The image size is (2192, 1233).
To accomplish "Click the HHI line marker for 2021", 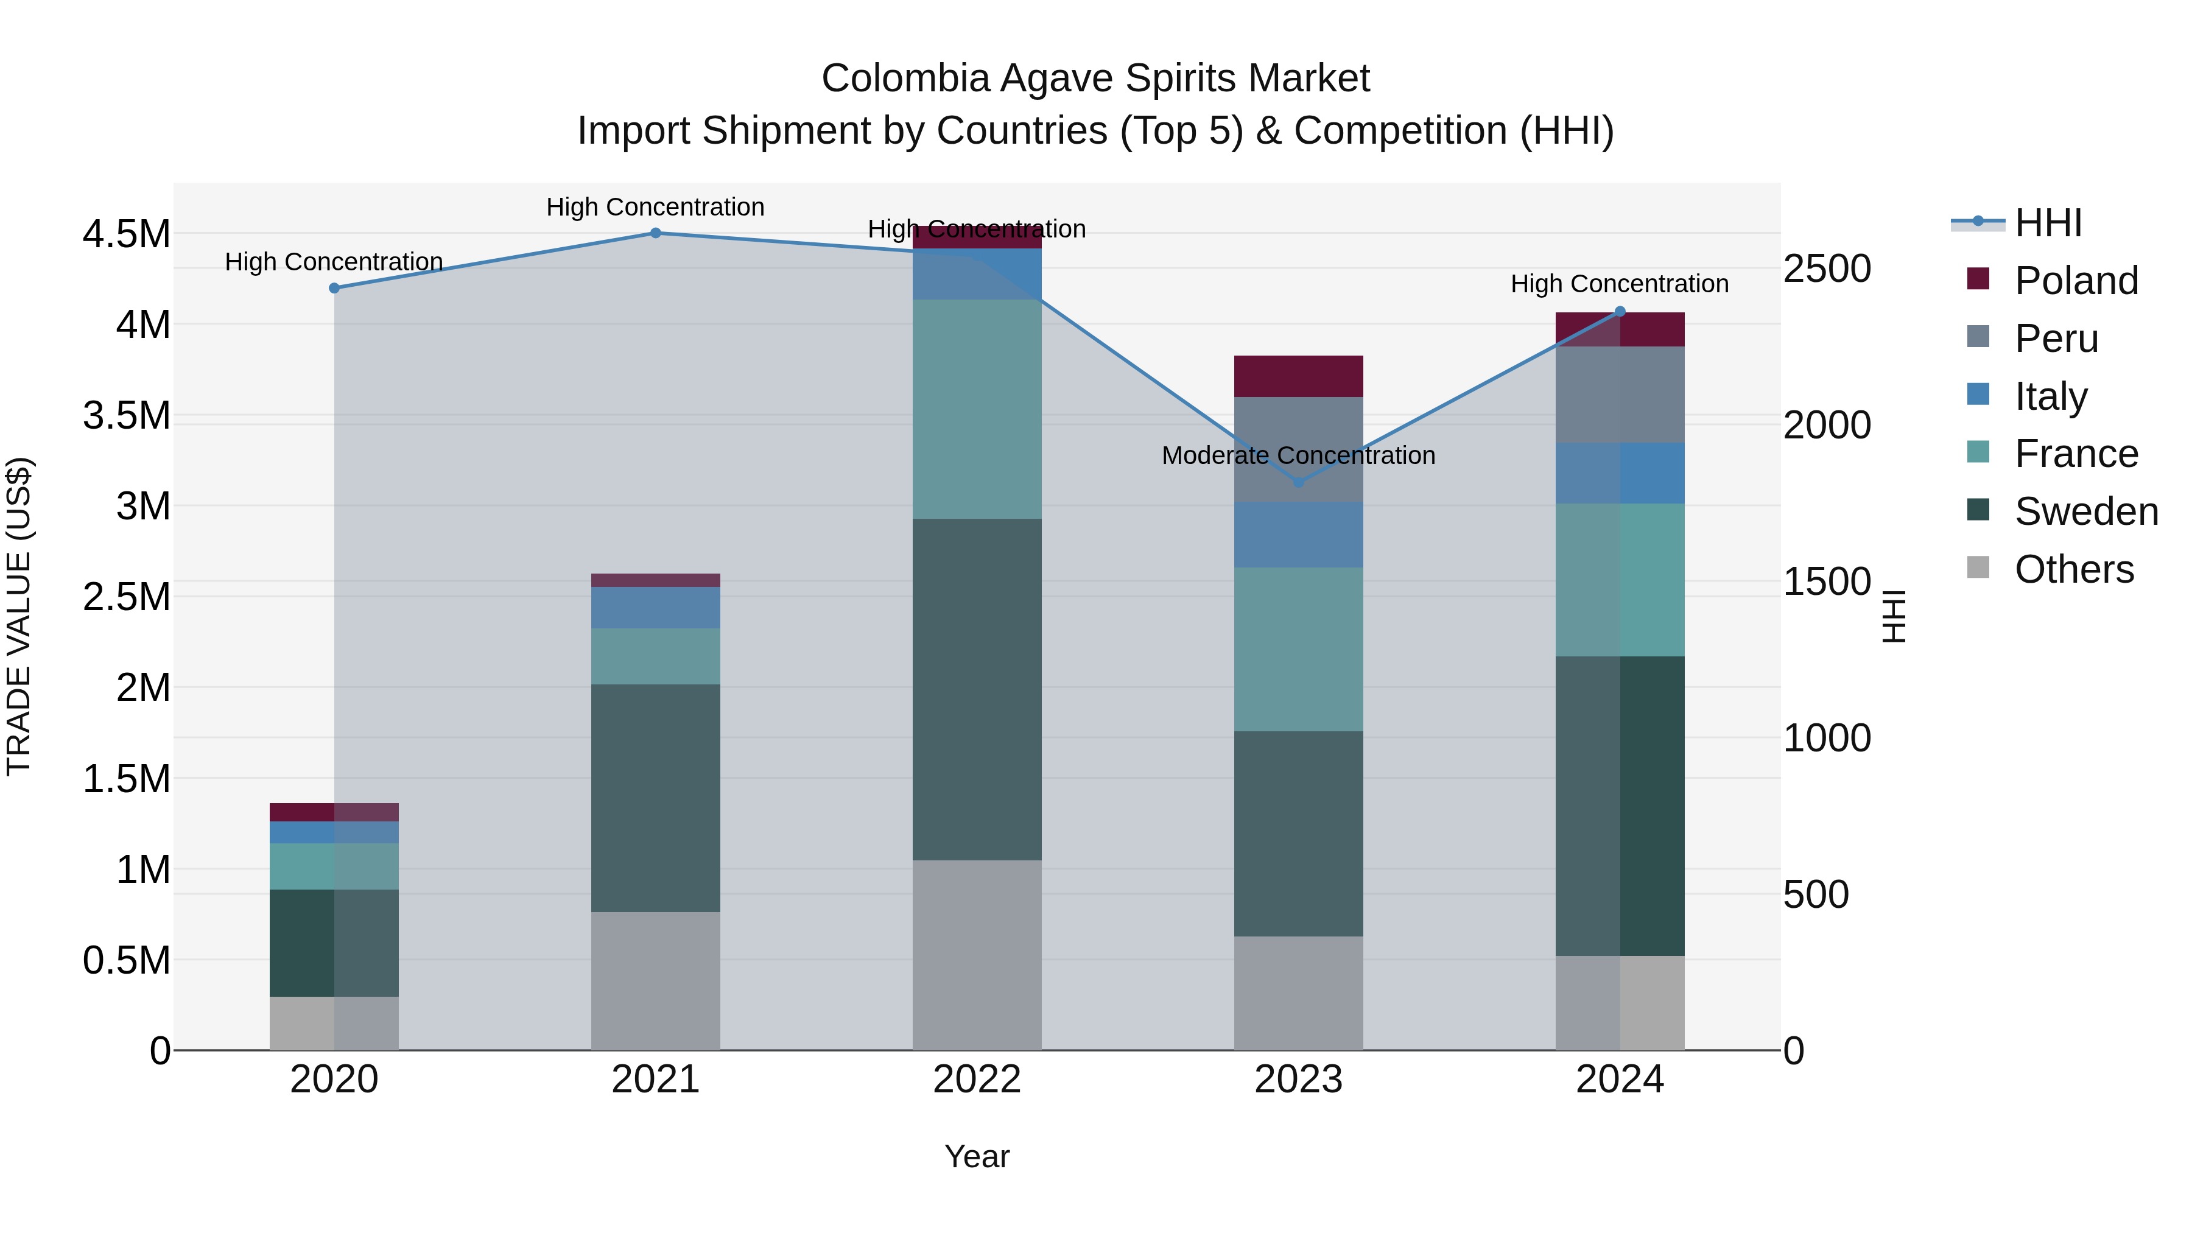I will click(x=655, y=233).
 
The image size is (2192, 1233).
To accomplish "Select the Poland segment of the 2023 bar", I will click(x=1299, y=376).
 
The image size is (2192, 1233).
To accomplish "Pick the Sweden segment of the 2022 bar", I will click(x=977, y=689).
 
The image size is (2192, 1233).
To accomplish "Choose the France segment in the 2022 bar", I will click(x=977, y=409).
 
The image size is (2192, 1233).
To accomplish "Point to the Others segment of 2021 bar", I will click(x=655, y=980).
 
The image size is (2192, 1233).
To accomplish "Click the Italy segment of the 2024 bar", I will click(x=1620, y=473).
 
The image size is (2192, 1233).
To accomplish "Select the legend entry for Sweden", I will click(x=2085, y=511).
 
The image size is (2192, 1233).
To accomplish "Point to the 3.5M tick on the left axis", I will click(x=126, y=416).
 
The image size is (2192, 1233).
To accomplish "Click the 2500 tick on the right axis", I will click(x=1827, y=269).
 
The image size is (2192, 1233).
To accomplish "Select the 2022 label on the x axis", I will click(x=977, y=1080).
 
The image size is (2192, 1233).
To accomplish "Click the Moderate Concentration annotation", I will click(x=1299, y=455).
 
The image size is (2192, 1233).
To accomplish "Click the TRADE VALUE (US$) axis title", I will click(x=19, y=616).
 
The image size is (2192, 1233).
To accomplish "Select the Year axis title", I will click(x=977, y=1156).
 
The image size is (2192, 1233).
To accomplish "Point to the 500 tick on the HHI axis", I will click(x=1816, y=895).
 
